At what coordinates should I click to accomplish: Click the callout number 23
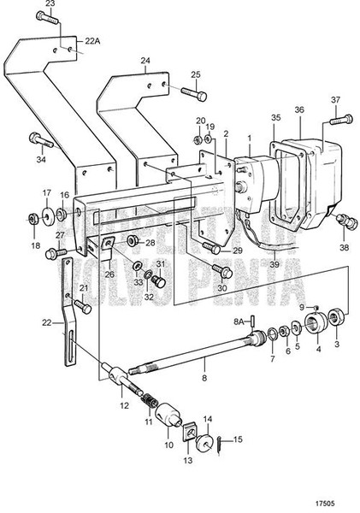coord(50,5)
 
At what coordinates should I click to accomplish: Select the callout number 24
coord(145,61)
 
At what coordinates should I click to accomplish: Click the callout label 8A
coord(239,321)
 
